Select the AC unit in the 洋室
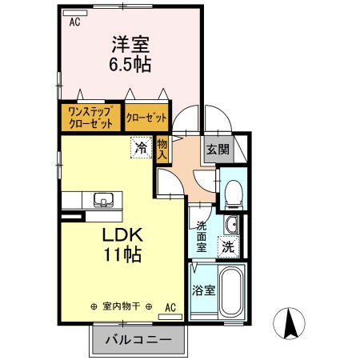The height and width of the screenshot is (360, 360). click(x=75, y=13)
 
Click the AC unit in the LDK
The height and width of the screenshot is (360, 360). click(x=170, y=317)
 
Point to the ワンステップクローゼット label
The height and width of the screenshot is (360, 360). click(x=90, y=118)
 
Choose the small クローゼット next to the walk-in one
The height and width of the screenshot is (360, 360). click(x=146, y=118)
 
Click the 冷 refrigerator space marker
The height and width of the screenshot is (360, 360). click(x=141, y=147)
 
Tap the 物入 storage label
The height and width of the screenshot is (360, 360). click(x=162, y=150)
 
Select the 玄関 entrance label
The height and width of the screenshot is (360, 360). click(x=218, y=149)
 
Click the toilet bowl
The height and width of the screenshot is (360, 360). click(x=234, y=194)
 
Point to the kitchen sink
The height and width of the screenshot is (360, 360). click(x=103, y=199)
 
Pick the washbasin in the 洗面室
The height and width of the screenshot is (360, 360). click(x=232, y=225)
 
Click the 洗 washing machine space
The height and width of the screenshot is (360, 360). click(x=229, y=246)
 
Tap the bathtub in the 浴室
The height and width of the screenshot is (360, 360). click(x=232, y=291)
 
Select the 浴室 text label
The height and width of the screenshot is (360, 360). click(x=204, y=290)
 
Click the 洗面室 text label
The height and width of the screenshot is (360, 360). click(x=202, y=237)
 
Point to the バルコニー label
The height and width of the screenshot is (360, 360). click(x=138, y=340)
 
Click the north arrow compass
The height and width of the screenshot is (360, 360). click(x=289, y=323)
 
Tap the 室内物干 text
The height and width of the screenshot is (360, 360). click(x=122, y=306)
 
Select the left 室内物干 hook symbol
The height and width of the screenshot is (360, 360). click(x=94, y=307)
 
